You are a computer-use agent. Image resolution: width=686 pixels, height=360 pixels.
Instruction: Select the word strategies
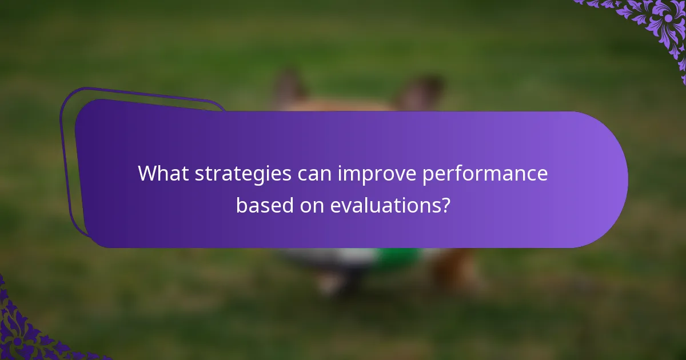(243, 174)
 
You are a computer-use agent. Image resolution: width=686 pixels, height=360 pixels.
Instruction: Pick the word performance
(485, 174)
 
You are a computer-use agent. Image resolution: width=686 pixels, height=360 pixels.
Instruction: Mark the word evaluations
(384, 205)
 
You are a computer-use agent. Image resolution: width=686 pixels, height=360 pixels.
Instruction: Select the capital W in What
(147, 174)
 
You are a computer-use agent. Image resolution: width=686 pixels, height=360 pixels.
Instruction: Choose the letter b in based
(241, 205)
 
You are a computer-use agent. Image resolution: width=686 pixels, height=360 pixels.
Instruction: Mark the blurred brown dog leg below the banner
(454, 269)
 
